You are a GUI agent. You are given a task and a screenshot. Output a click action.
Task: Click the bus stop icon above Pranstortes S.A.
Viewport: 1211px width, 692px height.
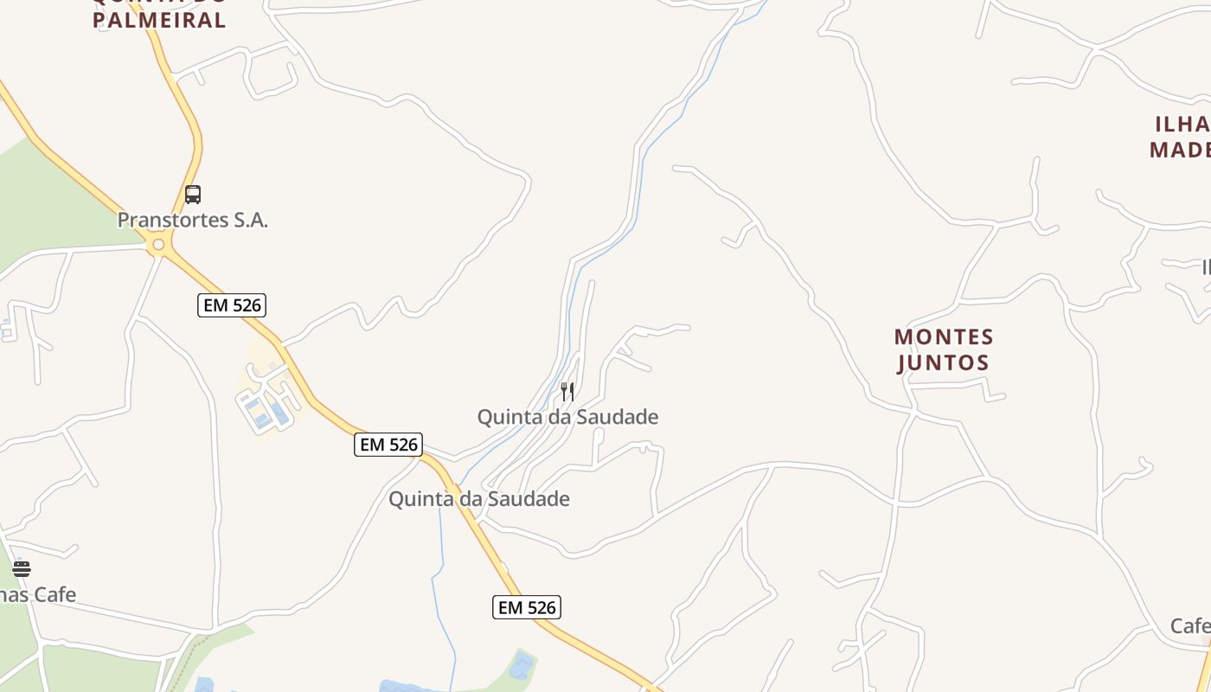[193, 195]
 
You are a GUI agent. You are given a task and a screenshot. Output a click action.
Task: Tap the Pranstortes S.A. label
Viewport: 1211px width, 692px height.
[192, 221]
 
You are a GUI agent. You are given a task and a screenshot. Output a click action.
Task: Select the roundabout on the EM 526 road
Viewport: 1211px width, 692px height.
[158, 246]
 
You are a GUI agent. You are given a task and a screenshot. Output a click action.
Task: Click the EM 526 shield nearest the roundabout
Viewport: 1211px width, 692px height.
[231, 304]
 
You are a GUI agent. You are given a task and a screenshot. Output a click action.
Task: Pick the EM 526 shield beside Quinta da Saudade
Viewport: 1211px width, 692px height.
[388, 445]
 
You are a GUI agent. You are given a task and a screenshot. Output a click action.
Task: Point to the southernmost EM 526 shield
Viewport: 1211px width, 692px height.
[527, 607]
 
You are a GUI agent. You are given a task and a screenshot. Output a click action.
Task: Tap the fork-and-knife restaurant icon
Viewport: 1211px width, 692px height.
[567, 391]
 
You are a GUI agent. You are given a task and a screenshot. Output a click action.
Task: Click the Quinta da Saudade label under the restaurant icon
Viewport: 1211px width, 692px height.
[567, 417]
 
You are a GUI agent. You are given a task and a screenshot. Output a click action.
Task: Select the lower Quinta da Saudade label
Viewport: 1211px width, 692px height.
[478, 499]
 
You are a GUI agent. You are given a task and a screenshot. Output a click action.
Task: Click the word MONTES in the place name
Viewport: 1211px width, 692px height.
[944, 336]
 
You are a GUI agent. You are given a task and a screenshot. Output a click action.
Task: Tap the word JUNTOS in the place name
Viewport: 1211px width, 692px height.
[943, 362]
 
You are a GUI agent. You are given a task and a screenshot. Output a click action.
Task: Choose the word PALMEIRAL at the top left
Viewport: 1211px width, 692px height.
[159, 21]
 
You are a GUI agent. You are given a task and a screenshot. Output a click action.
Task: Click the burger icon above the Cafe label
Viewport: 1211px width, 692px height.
[22, 568]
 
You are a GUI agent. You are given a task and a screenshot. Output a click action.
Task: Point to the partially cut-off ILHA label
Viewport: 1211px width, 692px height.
[1182, 124]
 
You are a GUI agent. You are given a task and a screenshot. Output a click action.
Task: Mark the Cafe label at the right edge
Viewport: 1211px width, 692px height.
[1190, 625]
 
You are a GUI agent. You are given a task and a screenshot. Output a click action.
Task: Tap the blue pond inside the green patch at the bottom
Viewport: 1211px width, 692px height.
[522, 666]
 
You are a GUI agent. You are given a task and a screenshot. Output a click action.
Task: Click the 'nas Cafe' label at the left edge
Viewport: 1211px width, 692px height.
[38, 595]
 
